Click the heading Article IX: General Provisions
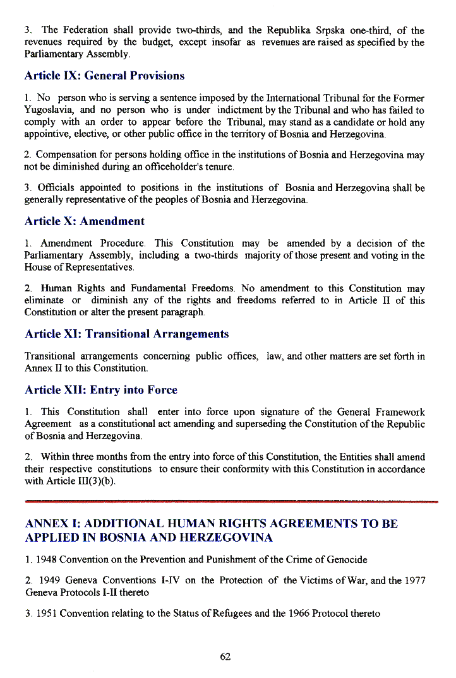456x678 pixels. coord(104,76)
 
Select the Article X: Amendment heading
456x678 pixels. coord(84,221)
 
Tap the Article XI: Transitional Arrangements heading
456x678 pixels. coord(126,334)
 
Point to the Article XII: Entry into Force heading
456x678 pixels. coord(100,390)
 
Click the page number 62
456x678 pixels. coord(225,657)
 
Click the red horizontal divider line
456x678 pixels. coord(231,502)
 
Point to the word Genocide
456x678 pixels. coord(346,559)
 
